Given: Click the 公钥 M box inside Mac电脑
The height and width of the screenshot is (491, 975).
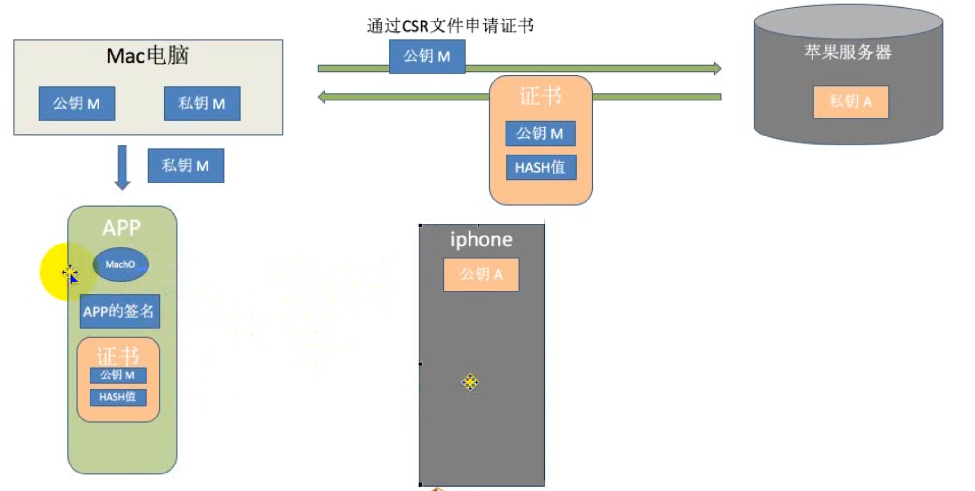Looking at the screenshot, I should click(77, 103).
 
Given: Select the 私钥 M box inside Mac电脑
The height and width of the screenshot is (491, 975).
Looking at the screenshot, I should click(202, 103).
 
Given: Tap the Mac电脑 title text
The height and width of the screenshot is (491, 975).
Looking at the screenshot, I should click(147, 56).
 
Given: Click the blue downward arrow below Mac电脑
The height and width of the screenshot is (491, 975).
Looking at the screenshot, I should click(122, 167).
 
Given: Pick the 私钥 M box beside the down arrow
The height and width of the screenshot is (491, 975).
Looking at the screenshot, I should click(186, 166).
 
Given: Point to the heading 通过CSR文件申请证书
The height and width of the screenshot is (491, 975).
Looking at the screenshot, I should click(450, 26).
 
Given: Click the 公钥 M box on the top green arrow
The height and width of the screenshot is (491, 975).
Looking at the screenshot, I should click(427, 56).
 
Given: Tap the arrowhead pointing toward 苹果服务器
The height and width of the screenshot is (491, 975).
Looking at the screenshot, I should click(717, 68).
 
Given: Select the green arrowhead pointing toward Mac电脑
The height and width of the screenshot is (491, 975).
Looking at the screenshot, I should click(322, 97).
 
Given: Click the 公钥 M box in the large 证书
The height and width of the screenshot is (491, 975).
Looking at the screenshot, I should click(540, 134).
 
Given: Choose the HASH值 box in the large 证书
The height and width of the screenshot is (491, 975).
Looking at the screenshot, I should click(541, 167).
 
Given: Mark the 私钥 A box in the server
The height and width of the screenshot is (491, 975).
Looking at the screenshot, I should click(851, 101).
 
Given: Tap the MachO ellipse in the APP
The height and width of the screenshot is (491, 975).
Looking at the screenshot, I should click(121, 264).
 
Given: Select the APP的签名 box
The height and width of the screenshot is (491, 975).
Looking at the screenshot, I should click(119, 311).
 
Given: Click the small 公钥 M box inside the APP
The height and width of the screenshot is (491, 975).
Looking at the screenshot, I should click(118, 375).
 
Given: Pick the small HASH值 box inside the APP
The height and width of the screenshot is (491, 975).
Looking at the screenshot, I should click(118, 397).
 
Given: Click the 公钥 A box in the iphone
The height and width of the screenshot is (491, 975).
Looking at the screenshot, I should click(481, 274).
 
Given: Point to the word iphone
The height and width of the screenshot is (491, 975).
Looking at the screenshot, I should click(481, 240).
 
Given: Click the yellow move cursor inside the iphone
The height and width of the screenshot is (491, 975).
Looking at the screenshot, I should click(470, 382).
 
